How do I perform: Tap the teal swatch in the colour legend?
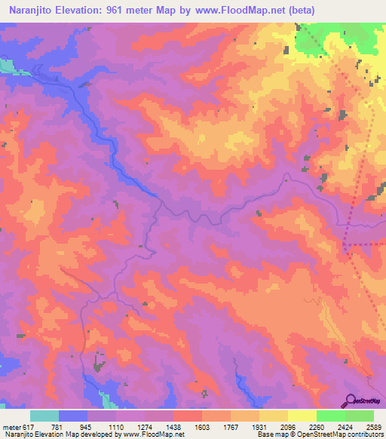pos(44,416)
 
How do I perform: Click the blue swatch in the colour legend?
pos(73,416)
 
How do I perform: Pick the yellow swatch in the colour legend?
pos(274,416)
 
